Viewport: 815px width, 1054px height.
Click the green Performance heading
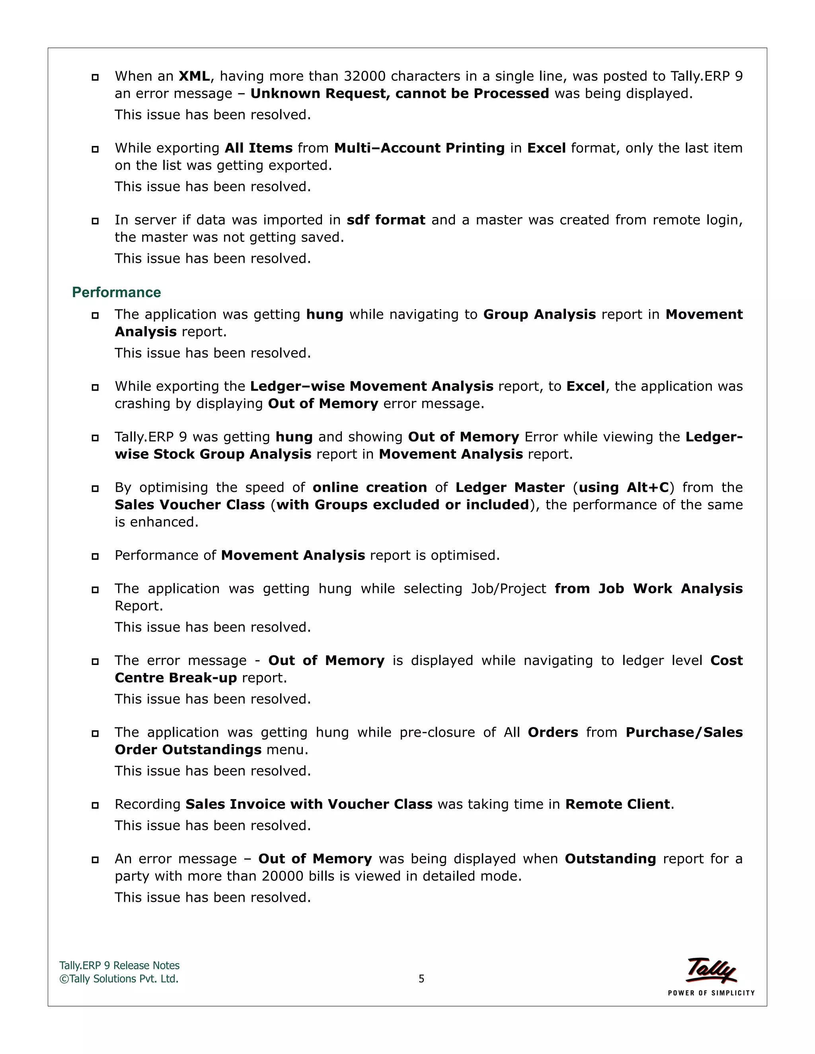click(x=116, y=292)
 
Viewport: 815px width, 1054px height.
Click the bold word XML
click(x=194, y=76)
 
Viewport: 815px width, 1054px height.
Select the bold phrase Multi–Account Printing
click(x=419, y=148)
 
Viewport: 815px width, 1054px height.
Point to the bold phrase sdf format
click(x=386, y=220)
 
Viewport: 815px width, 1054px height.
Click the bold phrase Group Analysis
click(x=539, y=315)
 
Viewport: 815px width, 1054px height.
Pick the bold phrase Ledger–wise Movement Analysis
click(x=371, y=387)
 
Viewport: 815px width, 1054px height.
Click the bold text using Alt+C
click(x=623, y=488)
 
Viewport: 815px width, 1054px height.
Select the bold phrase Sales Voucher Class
click(x=190, y=505)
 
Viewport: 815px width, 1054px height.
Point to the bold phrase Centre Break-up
click(x=176, y=678)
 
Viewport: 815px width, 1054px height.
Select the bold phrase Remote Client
click(x=618, y=805)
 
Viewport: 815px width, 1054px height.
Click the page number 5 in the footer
click(x=421, y=979)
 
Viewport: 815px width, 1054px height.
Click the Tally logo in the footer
click(x=711, y=970)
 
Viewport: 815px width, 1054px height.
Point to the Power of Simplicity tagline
click(x=711, y=993)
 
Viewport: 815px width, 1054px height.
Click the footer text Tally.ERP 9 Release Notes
click(x=119, y=966)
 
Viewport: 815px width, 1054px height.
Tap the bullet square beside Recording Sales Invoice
click(x=95, y=805)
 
